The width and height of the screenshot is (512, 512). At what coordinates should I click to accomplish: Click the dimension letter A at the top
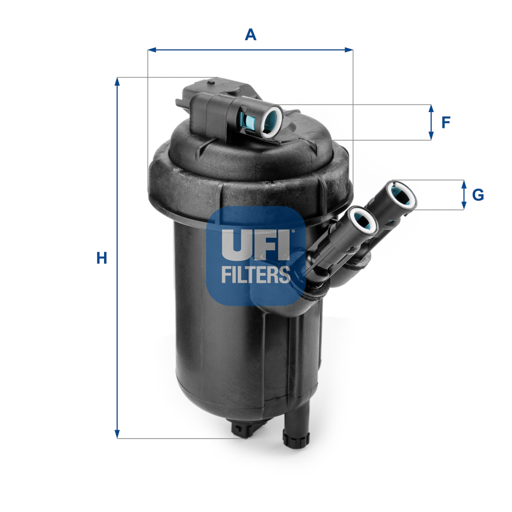click(x=251, y=35)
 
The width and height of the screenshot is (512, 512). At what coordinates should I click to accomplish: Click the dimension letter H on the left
click(x=101, y=258)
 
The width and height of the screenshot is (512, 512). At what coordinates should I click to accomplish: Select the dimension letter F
click(x=446, y=122)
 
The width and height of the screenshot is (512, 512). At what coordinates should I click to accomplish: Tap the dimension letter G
click(x=478, y=195)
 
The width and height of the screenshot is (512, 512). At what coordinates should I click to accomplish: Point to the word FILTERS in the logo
click(x=256, y=274)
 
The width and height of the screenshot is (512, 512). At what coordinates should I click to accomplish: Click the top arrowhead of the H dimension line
click(x=117, y=82)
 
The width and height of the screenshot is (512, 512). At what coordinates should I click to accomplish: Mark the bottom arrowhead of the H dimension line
click(x=117, y=434)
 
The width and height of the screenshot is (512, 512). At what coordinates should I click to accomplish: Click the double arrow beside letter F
click(x=431, y=122)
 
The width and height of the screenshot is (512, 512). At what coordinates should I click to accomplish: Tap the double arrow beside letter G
click(x=463, y=195)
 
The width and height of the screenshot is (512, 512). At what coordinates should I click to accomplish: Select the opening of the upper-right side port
click(x=402, y=195)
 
